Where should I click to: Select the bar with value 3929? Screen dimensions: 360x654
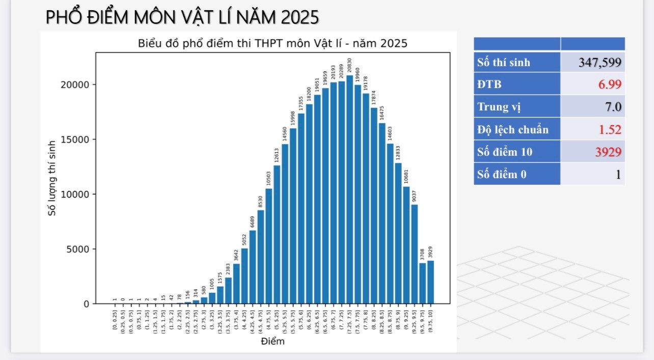pyautogui.click(x=430, y=282)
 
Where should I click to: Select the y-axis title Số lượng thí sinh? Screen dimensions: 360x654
pyautogui.click(x=52, y=178)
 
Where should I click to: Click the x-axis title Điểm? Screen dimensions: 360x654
pyautogui.click(x=272, y=341)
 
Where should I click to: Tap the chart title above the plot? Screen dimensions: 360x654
pyautogui.click(x=272, y=43)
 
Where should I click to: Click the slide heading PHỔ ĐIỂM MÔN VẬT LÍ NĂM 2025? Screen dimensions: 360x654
pyautogui.click(x=182, y=17)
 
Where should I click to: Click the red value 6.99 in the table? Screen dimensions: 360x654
pyautogui.click(x=610, y=85)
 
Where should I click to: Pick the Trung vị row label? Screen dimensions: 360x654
pyautogui.click(x=499, y=107)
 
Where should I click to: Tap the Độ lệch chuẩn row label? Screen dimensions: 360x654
pyautogui.click(x=513, y=129)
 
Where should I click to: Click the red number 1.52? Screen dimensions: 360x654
pyautogui.click(x=610, y=129)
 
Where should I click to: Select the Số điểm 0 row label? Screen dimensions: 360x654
pyautogui.click(x=502, y=174)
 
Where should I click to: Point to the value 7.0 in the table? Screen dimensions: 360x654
pyautogui.click(x=613, y=107)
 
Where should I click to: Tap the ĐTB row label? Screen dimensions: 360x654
pyautogui.click(x=489, y=85)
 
